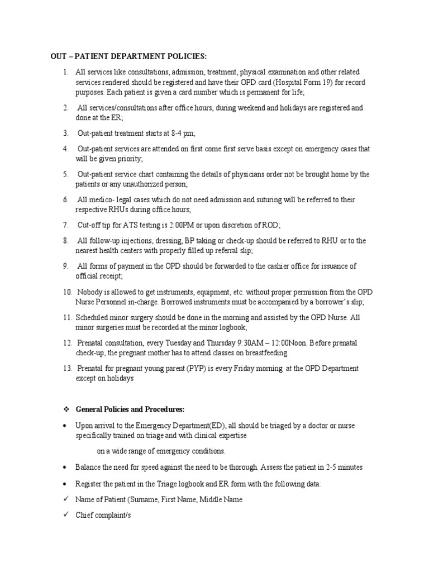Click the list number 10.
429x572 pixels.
point(67,292)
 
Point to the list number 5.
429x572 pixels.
point(65,174)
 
